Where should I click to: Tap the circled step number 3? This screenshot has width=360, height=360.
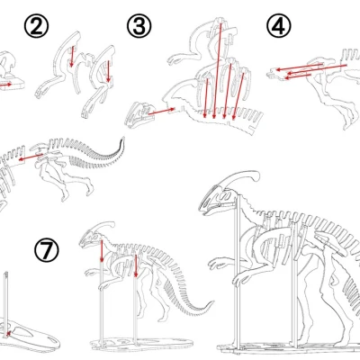(139, 27)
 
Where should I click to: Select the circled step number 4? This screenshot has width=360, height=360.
(280, 28)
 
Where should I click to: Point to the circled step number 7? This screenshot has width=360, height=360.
(46, 249)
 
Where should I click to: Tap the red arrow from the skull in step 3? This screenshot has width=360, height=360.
(159, 110)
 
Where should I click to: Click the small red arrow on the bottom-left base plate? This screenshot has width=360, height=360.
(11, 334)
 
